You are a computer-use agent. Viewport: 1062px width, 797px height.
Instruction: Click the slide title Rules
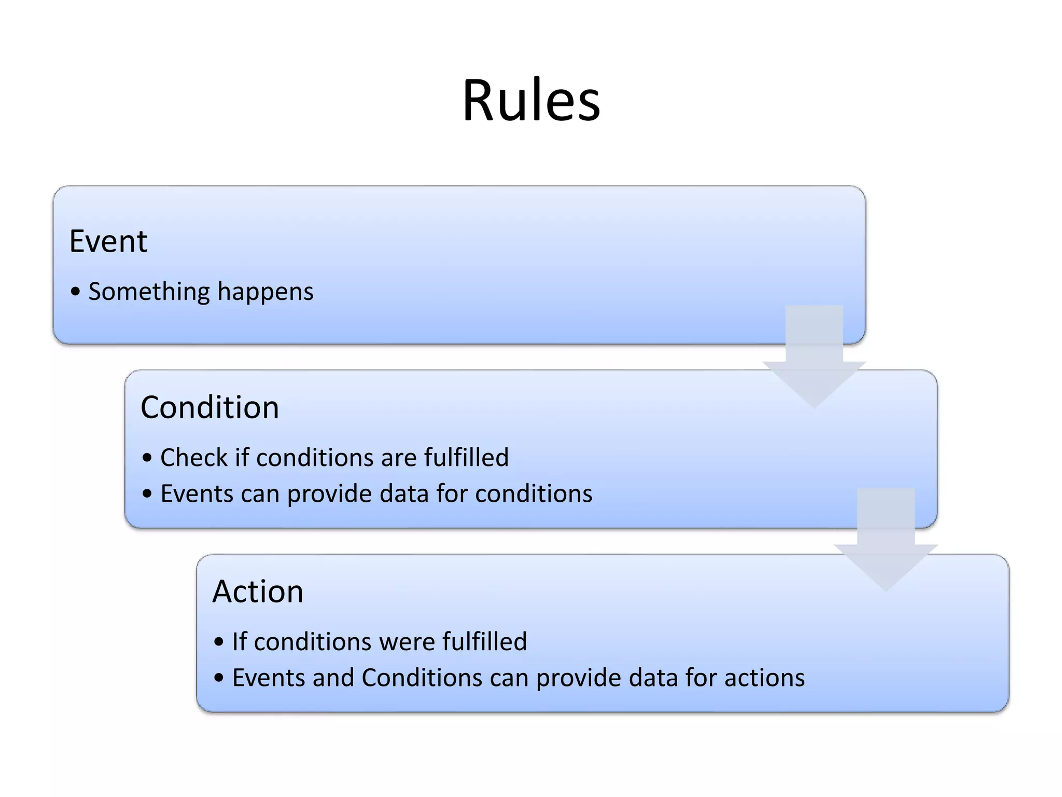[531, 100]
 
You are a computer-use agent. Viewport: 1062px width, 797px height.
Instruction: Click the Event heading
[108, 241]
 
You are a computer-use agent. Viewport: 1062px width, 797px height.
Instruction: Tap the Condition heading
[209, 407]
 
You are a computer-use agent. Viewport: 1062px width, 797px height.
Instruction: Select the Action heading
[258, 592]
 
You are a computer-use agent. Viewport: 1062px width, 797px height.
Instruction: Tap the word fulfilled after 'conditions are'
[466, 458]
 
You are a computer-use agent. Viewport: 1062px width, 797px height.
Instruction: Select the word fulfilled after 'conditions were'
[484, 642]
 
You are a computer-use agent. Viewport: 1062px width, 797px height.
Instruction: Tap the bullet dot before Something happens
[76, 292]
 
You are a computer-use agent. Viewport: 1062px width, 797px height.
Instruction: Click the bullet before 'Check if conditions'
[148, 458]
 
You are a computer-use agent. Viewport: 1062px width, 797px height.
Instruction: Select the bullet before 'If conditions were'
[219, 642]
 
